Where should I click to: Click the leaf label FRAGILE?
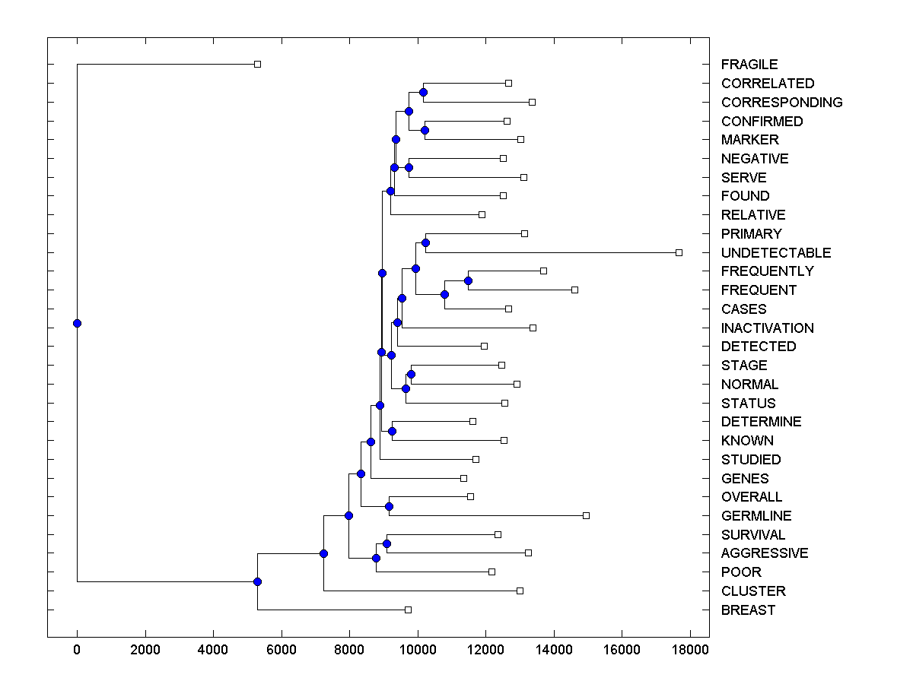coord(749,65)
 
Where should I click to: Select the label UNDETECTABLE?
coord(776,252)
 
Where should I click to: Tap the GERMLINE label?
coord(756,515)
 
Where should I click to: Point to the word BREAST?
coord(748,610)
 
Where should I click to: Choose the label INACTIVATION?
coord(767,328)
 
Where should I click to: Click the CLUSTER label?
coord(753,591)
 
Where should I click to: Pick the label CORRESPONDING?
coord(781,102)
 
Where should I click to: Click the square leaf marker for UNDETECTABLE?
coord(679,252)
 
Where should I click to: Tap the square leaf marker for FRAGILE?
coord(257,64)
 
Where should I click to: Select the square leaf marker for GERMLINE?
coord(586,515)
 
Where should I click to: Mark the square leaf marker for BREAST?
coord(408,610)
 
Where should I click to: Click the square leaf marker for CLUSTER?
coord(520,591)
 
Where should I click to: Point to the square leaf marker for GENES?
coord(463,478)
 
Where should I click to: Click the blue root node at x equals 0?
coord(77,323)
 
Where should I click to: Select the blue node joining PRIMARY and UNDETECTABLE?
coord(425,243)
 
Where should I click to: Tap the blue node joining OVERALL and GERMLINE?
coord(389,506)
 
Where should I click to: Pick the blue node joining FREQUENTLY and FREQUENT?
coord(468,281)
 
